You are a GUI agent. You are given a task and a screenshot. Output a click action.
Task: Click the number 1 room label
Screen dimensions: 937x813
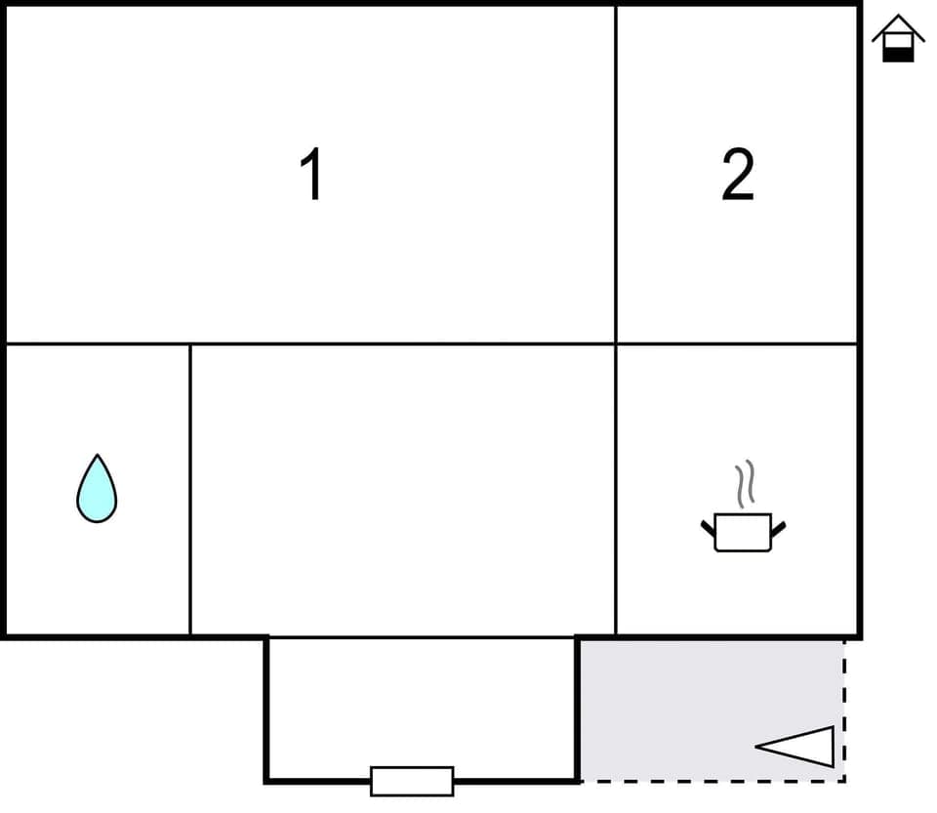click(311, 175)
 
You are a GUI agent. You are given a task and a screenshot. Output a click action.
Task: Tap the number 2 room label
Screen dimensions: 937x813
click(738, 175)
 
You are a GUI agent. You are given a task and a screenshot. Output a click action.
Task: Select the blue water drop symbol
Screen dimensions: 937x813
click(97, 490)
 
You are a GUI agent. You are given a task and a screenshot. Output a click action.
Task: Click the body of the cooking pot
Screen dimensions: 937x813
click(743, 533)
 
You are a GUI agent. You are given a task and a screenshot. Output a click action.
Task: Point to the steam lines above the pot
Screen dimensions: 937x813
click(745, 484)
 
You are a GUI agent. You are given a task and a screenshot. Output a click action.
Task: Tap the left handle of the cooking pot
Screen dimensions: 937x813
click(708, 528)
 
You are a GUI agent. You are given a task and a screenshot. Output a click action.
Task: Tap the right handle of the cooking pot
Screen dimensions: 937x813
click(778, 528)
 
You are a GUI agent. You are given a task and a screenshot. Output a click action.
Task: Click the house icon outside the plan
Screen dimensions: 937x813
click(898, 39)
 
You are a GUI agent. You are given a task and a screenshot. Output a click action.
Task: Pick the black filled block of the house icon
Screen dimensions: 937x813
click(898, 53)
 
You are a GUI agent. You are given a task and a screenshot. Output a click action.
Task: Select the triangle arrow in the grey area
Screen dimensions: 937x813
click(800, 747)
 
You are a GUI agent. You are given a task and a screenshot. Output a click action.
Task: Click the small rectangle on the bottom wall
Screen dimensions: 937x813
click(412, 781)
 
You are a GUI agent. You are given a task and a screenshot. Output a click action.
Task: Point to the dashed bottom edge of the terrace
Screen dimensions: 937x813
click(713, 781)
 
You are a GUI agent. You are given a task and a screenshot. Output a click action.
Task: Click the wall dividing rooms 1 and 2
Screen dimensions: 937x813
click(616, 176)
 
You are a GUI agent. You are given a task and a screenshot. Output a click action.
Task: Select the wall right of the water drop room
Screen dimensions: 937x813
click(190, 488)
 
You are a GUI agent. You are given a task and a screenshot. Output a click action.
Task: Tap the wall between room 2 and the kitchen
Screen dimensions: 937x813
click(737, 344)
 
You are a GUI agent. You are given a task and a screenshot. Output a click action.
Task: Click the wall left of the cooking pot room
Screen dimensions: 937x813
click(616, 488)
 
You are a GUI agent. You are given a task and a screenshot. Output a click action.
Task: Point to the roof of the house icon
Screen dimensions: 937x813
click(898, 25)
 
